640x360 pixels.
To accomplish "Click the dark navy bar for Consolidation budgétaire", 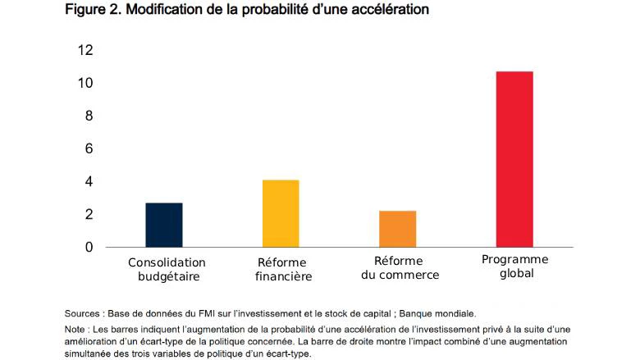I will coord(164,225).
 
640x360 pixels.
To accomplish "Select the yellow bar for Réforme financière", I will coord(281,213).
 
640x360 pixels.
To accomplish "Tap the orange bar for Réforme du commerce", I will coord(397,229).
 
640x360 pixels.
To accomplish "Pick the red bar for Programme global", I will coord(514,159).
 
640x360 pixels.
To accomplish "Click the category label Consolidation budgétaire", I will coord(167,270).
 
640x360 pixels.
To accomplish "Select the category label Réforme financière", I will coord(280,270).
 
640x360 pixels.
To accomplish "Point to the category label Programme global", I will coord(515,267).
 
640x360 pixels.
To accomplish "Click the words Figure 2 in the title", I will coord(91,10).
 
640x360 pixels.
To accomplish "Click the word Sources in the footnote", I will coord(84,313).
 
